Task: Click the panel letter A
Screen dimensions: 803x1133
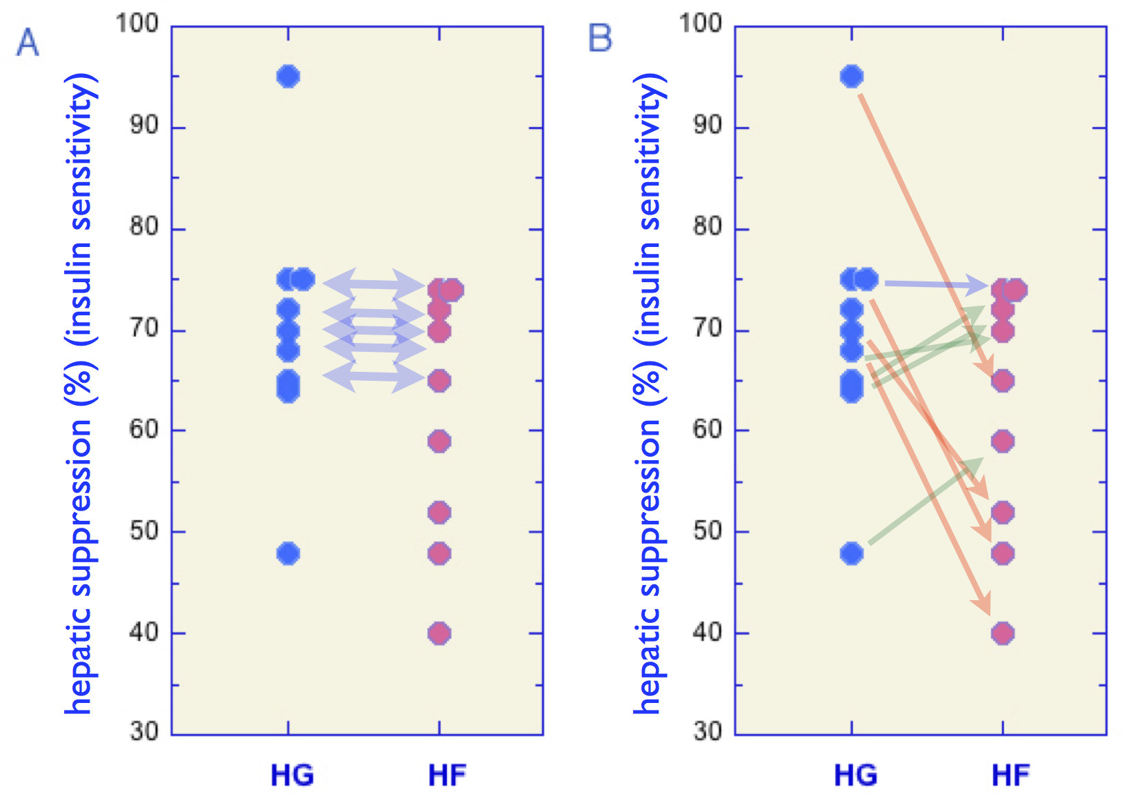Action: [x=28, y=43]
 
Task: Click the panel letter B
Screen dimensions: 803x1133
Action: [x=600, y=38]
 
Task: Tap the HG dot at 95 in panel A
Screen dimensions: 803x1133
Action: [x=288, y=76]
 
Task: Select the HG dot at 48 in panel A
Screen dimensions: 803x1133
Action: [x=288, y=553]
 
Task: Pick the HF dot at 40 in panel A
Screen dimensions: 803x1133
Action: [x=439, y=633]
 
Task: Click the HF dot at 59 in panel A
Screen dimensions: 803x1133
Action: [x=439, y=441]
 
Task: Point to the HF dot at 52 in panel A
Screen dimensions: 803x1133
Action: [x=439, y=513]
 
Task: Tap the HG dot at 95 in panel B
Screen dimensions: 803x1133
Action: [x=852, y=76]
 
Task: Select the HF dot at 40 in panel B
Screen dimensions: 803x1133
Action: [x=1003, y=633]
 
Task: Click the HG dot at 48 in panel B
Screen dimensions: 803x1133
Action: [x=852, y=553]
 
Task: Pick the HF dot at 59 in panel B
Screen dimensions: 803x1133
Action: [x=1003, y=441]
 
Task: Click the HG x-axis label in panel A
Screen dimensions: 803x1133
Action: [x=292, y=775]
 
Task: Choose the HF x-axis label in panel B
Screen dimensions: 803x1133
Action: [x=1011, y=775]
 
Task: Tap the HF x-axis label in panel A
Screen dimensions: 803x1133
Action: [x=448, y=775]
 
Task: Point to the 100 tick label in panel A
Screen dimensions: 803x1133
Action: [x=137, y=23]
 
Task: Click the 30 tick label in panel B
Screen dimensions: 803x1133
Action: [x=708, y=731]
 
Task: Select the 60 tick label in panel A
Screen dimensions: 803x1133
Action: [x=144, y=430]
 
